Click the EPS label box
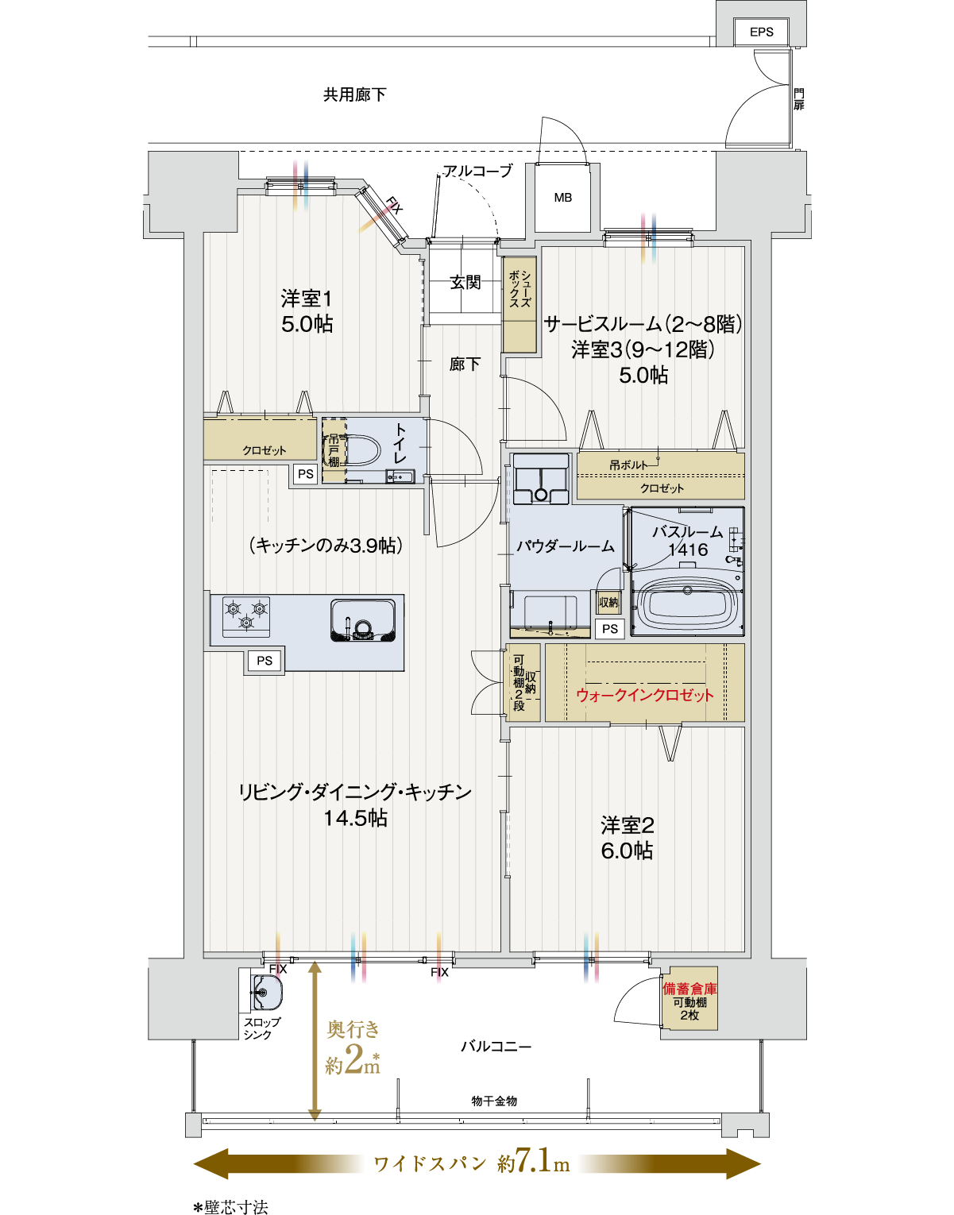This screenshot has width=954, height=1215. (x=761, y=32)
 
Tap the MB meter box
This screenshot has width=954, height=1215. (x=563, y=198)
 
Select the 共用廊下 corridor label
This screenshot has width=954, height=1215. (x=354, y=94)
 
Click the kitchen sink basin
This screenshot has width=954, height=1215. (x=363, y=620)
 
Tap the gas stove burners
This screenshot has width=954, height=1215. (x=246, y=616)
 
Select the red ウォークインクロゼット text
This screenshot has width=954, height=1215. (x=645, y=695)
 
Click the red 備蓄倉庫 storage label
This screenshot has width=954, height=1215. (x=689, y=989)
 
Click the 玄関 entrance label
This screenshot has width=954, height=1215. (x=465, y=282)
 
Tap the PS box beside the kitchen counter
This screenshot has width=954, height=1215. (x=265, y=661)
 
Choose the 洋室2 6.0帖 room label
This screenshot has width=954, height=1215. (x=627, y=838)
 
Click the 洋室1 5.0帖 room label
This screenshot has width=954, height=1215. (x=307, y=311)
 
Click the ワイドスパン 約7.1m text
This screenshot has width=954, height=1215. (x=472, y=1163)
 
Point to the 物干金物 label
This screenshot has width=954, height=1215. (x=494, y=1101)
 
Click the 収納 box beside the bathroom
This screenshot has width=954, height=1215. (x=608, y=603)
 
